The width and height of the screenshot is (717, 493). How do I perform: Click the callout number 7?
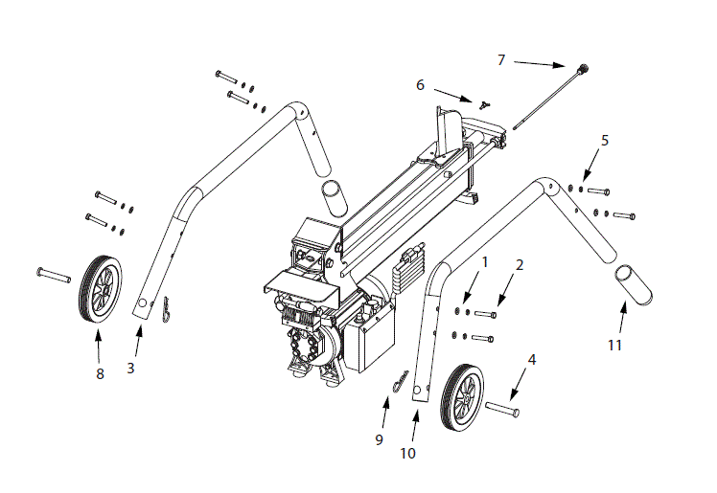coord(500,59)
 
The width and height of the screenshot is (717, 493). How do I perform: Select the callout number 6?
coord(420,84)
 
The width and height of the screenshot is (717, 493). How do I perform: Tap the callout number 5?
coord(604,140)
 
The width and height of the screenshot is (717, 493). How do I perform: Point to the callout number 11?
coord(614,344)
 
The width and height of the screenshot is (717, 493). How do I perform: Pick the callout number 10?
coord(407,453)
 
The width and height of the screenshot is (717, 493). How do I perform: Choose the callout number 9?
coord(379,439)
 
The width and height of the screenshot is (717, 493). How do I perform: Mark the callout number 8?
coord(99,373)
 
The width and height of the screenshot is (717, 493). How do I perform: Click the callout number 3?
coord(130,367)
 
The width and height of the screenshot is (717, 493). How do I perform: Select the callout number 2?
coord(520,263)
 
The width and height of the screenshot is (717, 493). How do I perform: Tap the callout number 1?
coord(485,260)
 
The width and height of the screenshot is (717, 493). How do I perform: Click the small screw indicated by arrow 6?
coord(485,105)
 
